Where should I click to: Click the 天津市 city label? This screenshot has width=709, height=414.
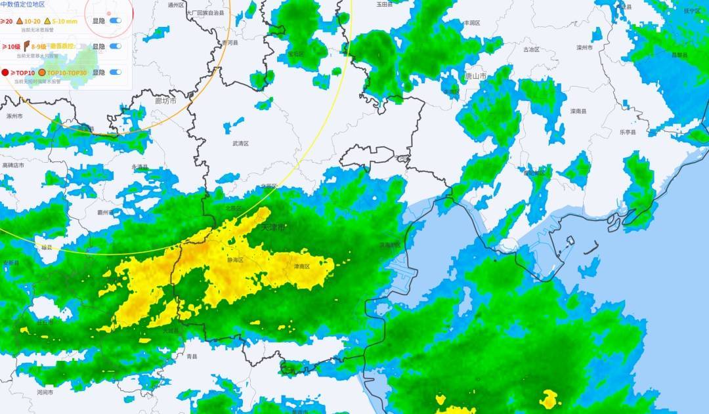click(x=273, y=228)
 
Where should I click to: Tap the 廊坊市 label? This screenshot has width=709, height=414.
click(x=165, y=101)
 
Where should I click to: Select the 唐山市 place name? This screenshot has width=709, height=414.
click(x=475, y=76)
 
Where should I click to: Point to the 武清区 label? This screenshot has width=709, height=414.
click(x=241, y=143)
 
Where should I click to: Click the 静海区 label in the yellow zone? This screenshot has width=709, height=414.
click(x=235, y=260)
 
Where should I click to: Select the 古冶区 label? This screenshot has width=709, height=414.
click(x=530, y=49)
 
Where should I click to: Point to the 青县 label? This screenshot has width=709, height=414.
click(x=192, y=356)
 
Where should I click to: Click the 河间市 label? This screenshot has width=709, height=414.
click(x=45, y=392)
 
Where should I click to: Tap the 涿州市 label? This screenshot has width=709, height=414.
click(x=14, y=116)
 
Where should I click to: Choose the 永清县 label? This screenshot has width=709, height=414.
click(x=140, y=167)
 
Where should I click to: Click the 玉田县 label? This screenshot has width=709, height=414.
click(x=384, y=4)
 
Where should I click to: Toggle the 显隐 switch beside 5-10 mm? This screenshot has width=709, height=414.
click(x=116, y=21)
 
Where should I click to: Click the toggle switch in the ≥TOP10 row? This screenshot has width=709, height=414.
click(x=116, y=72)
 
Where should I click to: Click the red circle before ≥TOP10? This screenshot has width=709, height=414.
click(x=5, y=72)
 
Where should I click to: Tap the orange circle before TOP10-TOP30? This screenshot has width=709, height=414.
click(x=42, y=72)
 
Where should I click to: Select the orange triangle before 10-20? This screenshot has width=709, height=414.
click(x=20, y=21)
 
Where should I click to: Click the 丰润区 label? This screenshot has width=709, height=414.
click(x=471, y=22)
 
